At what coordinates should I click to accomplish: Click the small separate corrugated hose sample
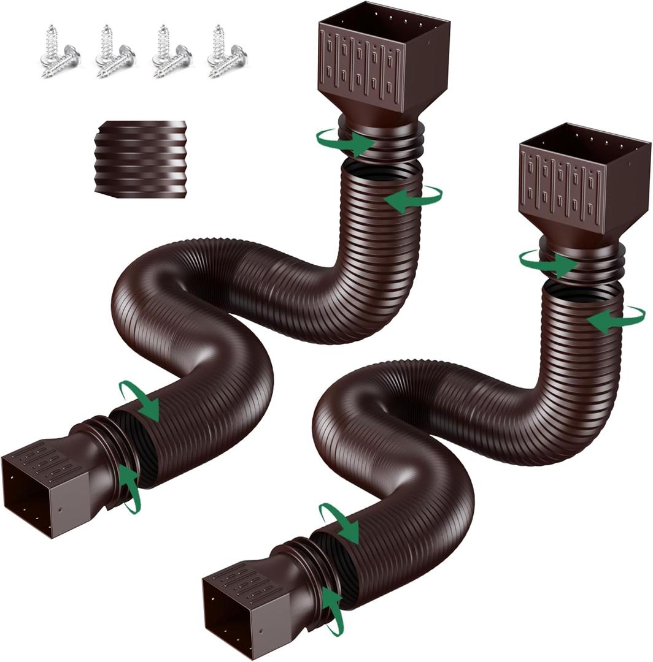click(140, 158)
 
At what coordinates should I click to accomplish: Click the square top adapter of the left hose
click(384, 64)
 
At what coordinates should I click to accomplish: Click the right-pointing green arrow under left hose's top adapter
click(347, 142)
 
